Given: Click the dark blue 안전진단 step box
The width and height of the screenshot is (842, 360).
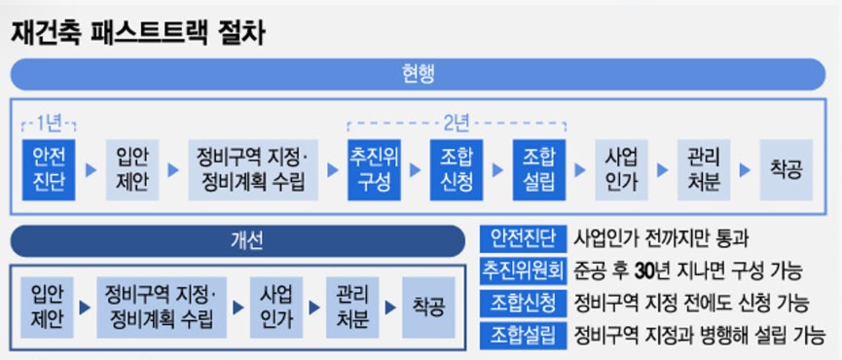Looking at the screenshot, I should point(49,169).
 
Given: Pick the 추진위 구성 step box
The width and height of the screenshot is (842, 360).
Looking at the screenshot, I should point(375,169).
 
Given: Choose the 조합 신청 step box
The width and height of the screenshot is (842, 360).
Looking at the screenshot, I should point(457,169).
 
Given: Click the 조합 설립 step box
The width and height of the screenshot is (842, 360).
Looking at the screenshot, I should point(538,169).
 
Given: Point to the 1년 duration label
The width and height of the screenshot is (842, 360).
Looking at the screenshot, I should point(49,124).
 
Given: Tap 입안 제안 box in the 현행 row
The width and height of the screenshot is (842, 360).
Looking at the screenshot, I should point(131,169).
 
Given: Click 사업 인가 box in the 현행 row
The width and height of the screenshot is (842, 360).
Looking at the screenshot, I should point(620,169).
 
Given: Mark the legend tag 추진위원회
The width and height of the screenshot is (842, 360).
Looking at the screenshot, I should point(524,270).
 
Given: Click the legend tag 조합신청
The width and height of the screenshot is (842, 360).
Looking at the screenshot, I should point(524,303).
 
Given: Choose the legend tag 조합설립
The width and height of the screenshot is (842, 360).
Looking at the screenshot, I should point(524,336).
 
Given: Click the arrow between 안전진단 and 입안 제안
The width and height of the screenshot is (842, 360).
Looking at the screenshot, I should point(91,169).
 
